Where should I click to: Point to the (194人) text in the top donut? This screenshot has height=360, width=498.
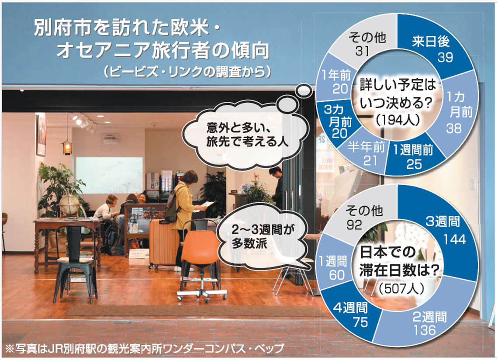398,120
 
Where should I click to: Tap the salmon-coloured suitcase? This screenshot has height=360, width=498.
163,243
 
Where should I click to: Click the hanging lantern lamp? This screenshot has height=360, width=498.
67,147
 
